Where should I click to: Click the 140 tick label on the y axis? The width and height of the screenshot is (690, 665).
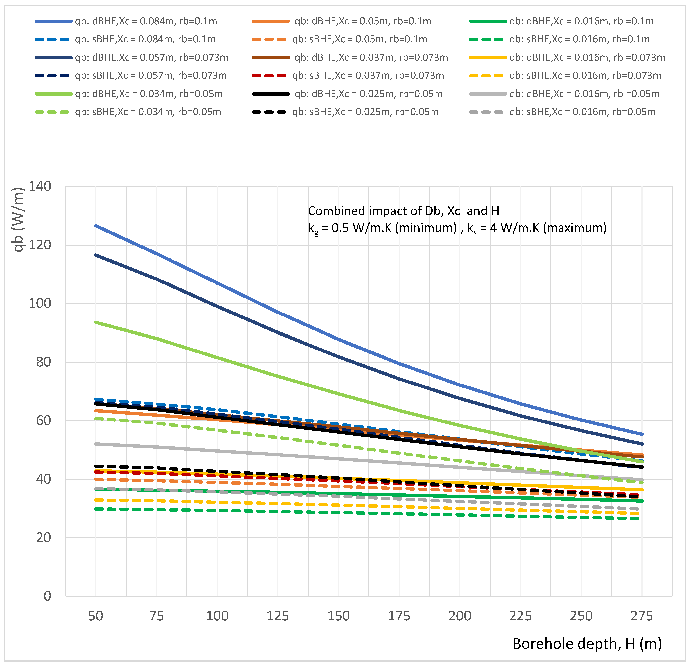[x=40, y=186]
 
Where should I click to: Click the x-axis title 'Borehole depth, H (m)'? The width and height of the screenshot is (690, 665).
[x=587, y=644]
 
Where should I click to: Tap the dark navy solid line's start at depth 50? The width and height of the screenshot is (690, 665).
[x=96, y=255]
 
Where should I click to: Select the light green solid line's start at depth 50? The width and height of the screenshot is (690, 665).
[x=96, y=322]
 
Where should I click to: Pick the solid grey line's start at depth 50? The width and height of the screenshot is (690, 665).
[x=96, y=444]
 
